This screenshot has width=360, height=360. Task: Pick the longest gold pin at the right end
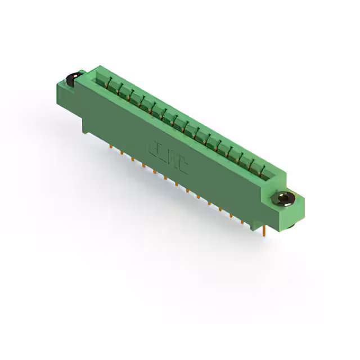click(263, 230)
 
